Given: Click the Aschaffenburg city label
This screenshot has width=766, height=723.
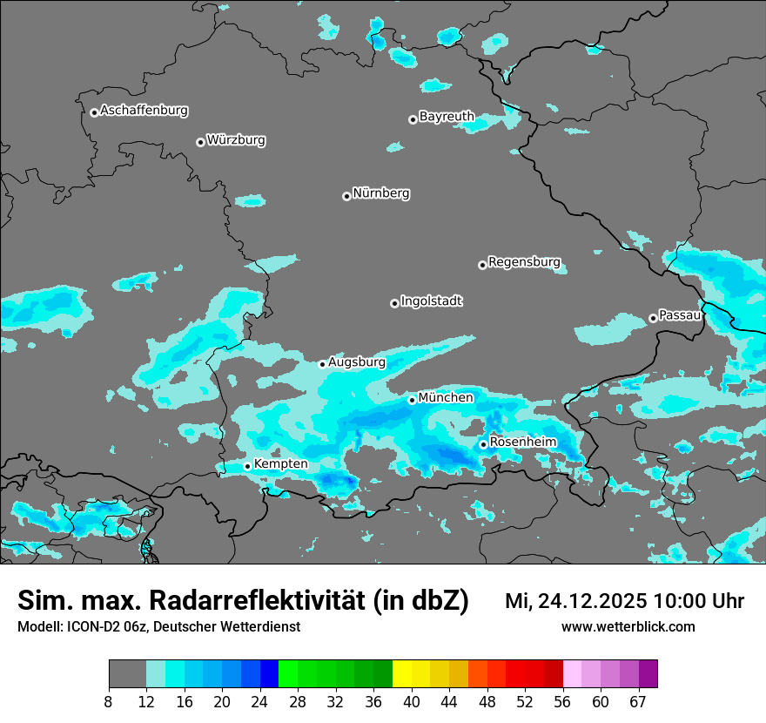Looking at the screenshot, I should coord(144,111).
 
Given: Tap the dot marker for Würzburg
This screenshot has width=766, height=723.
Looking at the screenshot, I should coord(200,142).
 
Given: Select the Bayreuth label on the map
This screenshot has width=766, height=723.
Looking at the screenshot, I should coord(447,116).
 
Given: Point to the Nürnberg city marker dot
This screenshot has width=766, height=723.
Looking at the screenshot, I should coord(346,196).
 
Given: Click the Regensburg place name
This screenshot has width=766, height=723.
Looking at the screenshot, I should coord(524,262).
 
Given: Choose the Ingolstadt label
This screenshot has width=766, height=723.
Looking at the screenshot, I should coord(432,301).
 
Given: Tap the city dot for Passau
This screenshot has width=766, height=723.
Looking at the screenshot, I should coord(653,318).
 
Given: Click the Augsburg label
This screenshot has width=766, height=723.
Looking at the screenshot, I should coord(357,361).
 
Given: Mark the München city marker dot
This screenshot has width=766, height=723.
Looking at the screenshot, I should coord(412,400).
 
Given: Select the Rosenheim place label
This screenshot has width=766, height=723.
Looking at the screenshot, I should coord(522,442).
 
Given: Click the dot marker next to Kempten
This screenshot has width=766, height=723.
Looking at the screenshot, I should coord(247,466).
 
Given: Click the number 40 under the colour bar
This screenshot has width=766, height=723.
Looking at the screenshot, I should coord(412,701).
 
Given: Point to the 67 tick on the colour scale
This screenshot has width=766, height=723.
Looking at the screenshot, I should coord(638,701).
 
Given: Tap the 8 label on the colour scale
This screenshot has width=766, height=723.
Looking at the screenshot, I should coord(109,701).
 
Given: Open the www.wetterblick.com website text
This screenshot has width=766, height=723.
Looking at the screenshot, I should coord(628,626).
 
